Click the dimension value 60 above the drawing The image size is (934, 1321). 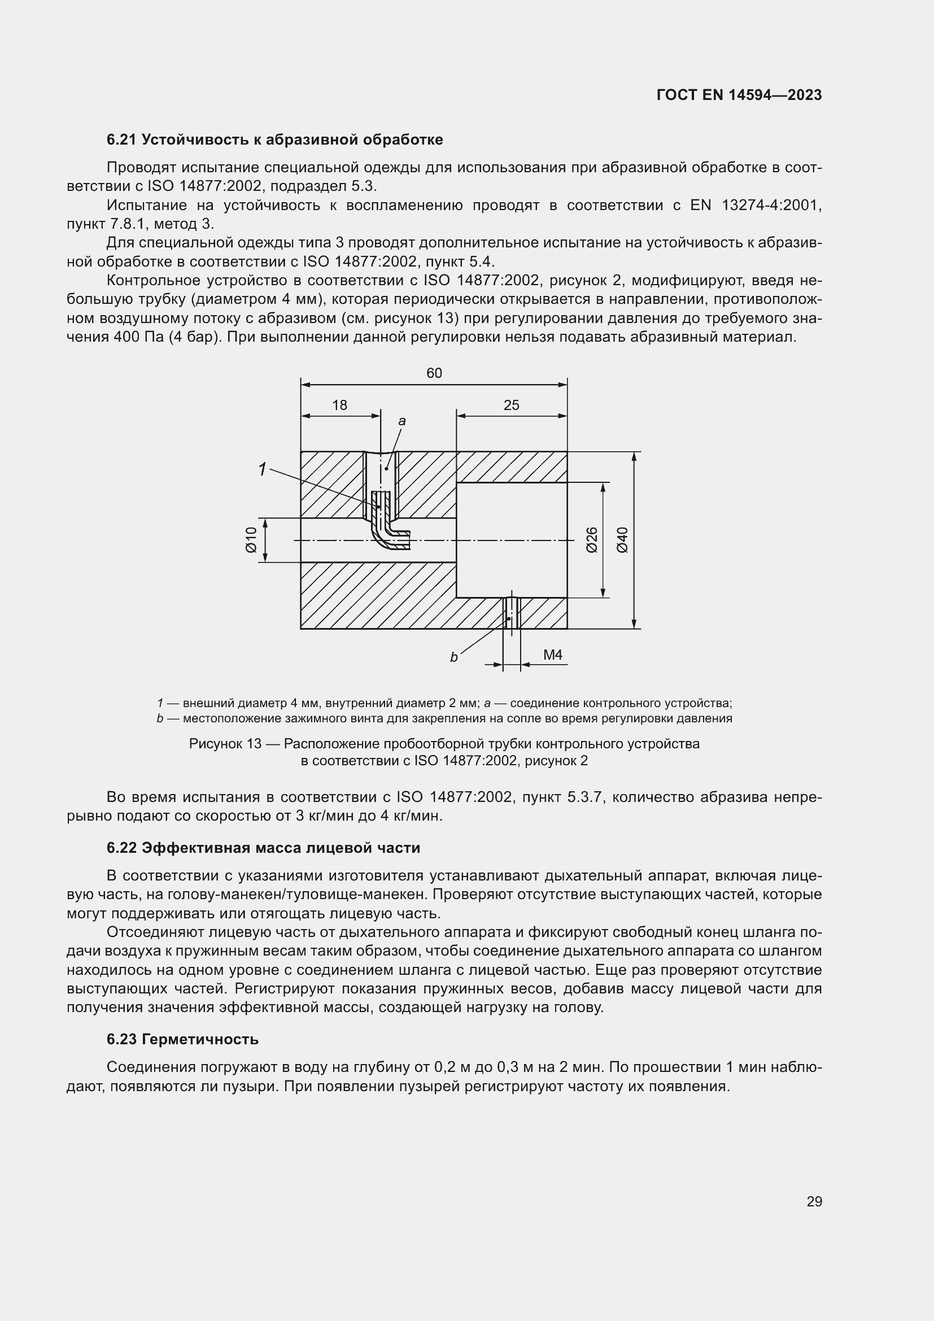click(434, 373)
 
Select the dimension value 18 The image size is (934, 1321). click(340, 406)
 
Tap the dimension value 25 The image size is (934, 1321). click(511, 406)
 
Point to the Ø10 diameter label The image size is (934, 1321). click(251, 540)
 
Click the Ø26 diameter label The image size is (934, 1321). click(592, 540)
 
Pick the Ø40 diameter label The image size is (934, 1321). click(622, 540)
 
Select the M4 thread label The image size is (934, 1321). click(553, 655)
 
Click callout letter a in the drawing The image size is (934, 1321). click(402, 421)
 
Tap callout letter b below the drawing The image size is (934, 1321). click(453, 657)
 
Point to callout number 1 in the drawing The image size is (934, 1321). click(262, 470)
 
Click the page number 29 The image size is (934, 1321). click(814, 1201)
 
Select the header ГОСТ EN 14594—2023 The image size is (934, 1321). click(739, 95)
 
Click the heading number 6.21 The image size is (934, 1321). click(121, 140)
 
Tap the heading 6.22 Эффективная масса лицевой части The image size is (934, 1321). click(263, 848)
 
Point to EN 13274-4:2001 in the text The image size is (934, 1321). click(756, 206)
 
